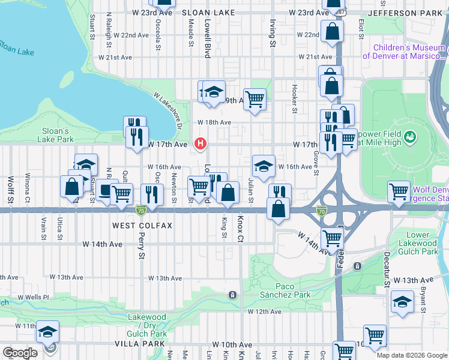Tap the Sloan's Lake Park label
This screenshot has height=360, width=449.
click(58, 135)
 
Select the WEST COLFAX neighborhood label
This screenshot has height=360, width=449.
click(142, 226)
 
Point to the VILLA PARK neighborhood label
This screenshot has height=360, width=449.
click(139, 344)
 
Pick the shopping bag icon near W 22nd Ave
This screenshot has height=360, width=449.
click(332, 31)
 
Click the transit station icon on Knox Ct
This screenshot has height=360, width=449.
click(232, 295)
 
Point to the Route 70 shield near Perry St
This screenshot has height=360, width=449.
click(140, 211)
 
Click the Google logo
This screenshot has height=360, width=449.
click(20, 352)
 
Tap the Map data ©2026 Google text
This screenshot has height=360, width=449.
click(412, 355)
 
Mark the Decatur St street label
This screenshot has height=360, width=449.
click(387, 262)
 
